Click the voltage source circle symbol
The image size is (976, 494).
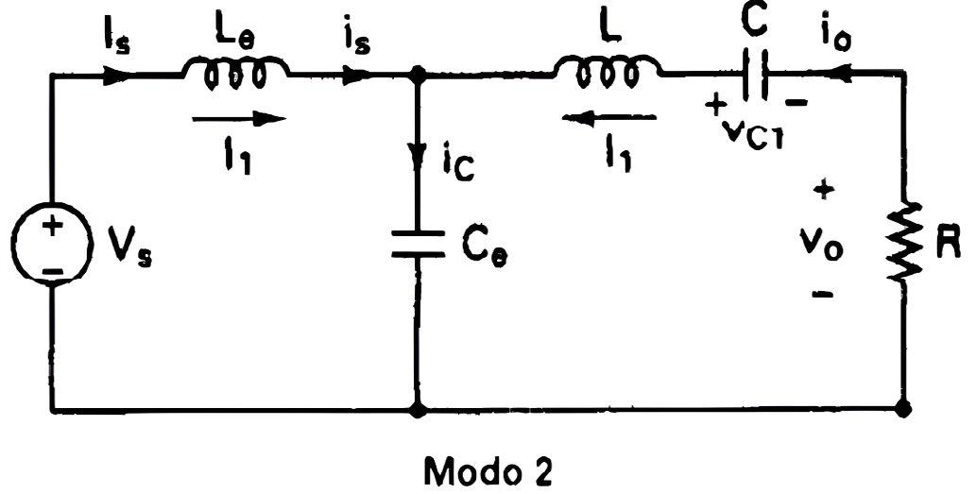click(13, 245)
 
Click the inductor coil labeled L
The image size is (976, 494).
click(608, 71)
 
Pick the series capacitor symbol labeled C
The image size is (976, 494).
click(755, 75)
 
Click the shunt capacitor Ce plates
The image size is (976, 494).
click(418, 244)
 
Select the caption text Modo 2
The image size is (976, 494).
click(488, 471)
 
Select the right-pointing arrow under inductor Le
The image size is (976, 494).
click(239, 118)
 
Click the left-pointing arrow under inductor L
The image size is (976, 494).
click(608, 117)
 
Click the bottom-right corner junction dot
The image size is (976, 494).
click(902, 409)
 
